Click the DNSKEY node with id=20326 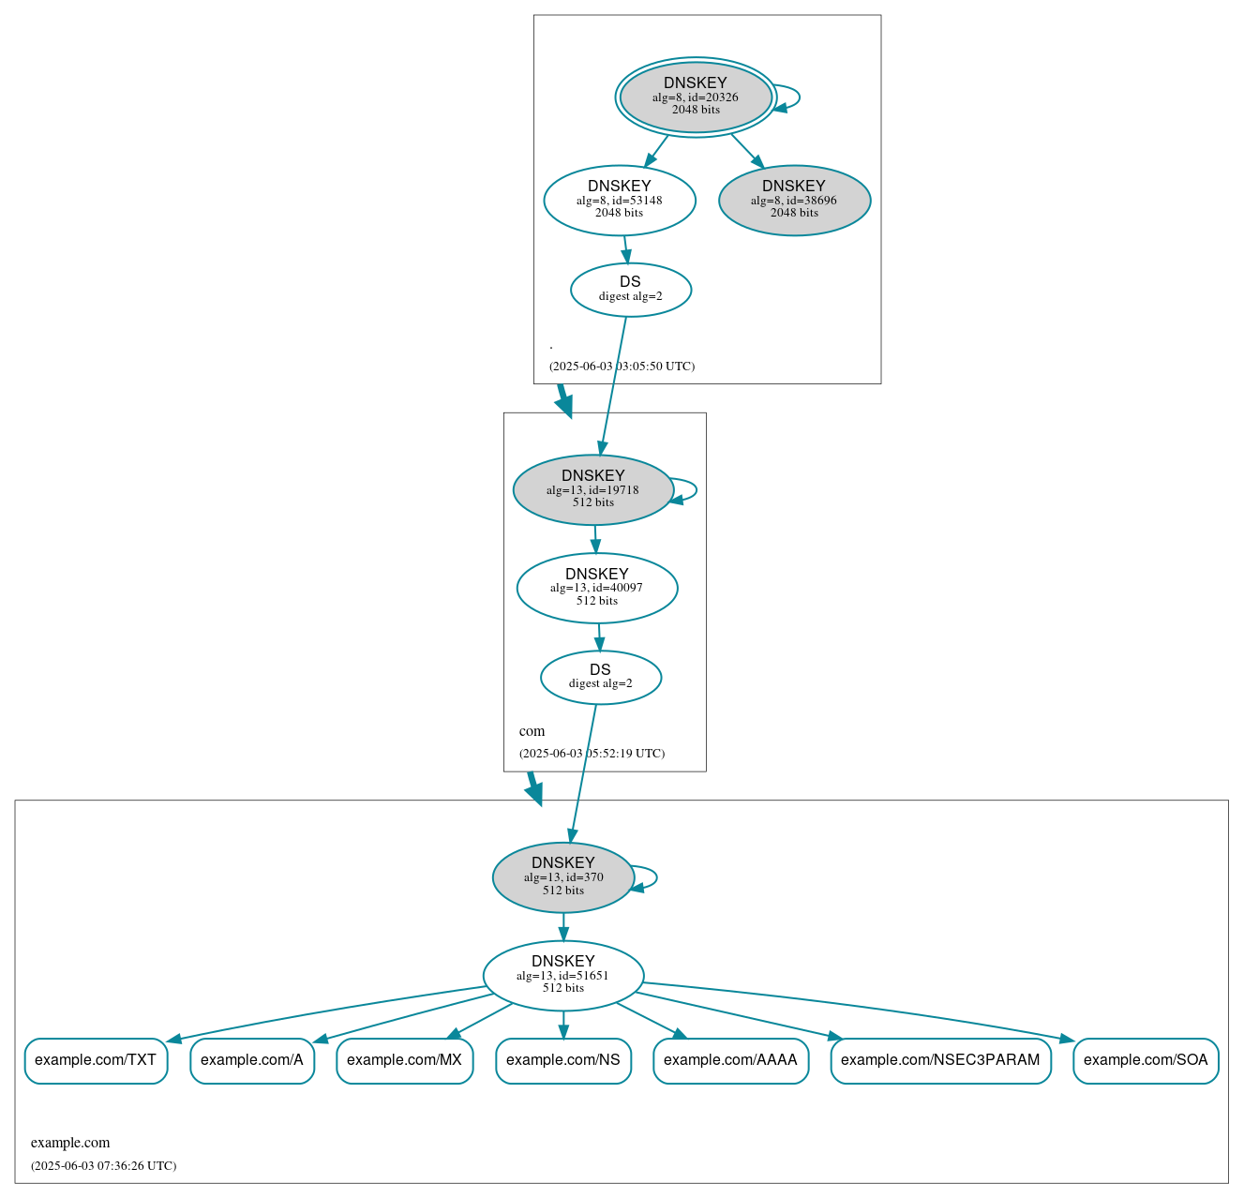[696, 97]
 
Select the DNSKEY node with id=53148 [620, 200]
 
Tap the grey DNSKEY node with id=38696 [794, 200]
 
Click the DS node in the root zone [631, 290]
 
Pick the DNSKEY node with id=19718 [593, 489]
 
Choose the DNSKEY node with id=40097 [597, 588]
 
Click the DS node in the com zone [601, 677]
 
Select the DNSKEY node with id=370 [563, 877]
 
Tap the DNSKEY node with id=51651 [563, 975]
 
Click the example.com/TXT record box [96, 1060]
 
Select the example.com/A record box [252, 1060]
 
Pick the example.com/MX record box [404, 1060]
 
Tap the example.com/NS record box [563, 1060]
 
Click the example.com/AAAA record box [730, 1060]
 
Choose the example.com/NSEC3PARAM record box [940, 1060]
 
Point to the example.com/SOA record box [1146, 1060]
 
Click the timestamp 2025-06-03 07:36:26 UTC [103, 1166]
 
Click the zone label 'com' [532, 731]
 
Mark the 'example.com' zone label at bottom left [70, 1143]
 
